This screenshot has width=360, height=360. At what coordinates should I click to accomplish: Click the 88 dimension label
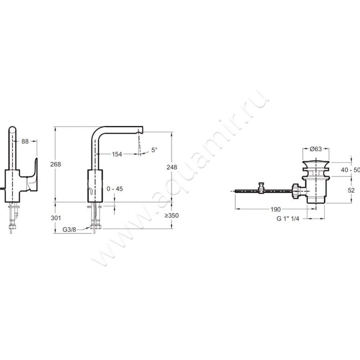(25, 141)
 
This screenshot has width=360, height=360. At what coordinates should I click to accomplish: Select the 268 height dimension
(55, 164)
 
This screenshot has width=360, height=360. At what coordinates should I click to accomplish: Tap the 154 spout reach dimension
(117, 154)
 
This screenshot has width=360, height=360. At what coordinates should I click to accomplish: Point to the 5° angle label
(154, 150)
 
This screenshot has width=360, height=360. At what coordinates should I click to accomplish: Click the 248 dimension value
(172, 167)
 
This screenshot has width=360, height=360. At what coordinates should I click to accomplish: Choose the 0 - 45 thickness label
(115, 189)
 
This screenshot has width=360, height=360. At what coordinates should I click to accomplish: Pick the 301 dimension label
(56, 218)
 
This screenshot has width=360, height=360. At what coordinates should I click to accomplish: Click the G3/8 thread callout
(69, 229)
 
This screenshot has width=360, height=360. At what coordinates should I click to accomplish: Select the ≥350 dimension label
(171, 216)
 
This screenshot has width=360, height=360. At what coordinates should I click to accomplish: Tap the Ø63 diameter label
(316, 149)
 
